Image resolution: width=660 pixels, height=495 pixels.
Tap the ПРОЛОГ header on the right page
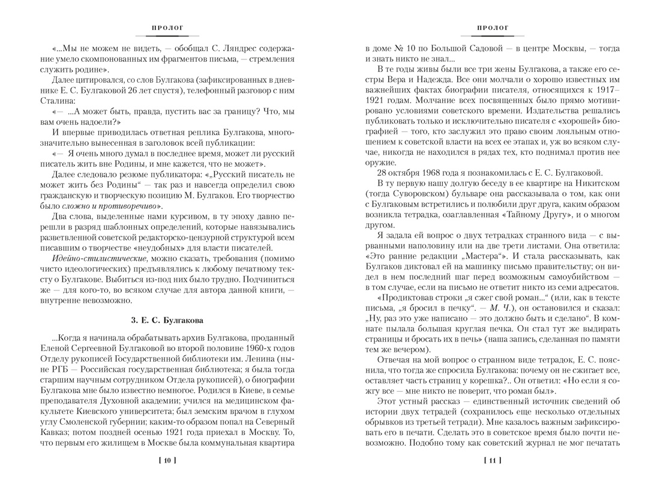click(493, 28)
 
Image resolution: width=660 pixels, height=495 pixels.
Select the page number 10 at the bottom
click(167, 460)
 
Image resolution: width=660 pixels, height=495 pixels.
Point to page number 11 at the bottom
click(493, 460)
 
